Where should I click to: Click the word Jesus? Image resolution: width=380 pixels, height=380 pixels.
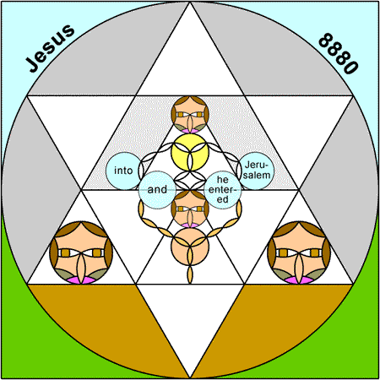(x=50, y=48)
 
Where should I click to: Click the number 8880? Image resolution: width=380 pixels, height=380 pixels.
(x=339, y=53)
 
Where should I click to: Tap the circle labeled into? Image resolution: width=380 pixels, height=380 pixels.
(x=124, y=171)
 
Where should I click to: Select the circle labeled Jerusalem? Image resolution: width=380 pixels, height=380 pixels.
(x=256, y=171)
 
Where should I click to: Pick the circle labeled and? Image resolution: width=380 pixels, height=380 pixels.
(x=157, y=190)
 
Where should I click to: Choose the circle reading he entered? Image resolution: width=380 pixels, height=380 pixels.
(x=223, y=190)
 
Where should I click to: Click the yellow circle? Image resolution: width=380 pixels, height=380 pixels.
(x=190, y=152)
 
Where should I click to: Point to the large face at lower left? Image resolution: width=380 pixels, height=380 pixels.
(x=81, y=252)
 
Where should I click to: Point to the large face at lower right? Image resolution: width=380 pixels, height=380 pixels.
(x=299, y=252)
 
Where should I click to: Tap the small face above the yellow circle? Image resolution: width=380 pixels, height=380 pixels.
(x=190, y=115)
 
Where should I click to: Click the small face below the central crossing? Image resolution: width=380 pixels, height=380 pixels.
(x=190, y=209)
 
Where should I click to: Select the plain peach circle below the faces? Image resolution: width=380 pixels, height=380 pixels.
(x=190, y=247)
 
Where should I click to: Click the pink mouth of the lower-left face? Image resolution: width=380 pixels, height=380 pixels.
(x=81, y=280)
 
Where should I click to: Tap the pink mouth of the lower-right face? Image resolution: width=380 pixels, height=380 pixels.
(x=299, y=280)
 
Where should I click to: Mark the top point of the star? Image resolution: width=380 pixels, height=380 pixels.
(x=190, y=2)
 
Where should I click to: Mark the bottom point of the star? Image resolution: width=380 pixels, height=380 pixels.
(x=190, y=378)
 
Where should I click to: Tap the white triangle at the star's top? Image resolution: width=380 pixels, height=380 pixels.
(x=190, y=65)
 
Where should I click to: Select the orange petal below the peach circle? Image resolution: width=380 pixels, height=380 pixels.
(x=190, y=274)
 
